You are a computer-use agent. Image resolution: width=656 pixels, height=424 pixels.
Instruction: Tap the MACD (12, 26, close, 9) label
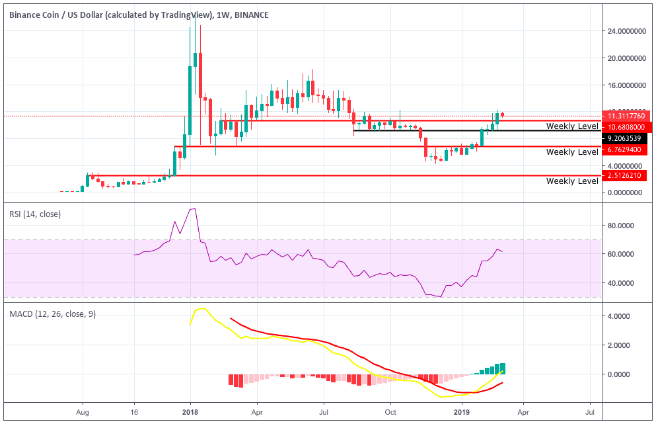[52, 314]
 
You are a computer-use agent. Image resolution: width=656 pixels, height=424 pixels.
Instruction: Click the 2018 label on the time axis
[190, 411]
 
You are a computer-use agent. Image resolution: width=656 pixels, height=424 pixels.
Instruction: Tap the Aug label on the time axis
[83, 411]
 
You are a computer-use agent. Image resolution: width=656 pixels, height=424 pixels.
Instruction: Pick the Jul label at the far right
[590, 411]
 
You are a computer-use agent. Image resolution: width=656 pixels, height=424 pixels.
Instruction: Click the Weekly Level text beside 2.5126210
[572, 181]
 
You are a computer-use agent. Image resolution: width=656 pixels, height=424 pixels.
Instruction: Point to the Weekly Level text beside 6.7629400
[572, 152]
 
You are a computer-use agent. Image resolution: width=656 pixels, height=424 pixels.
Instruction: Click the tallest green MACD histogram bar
[503, 368]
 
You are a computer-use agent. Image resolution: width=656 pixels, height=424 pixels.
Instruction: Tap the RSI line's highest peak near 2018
[192, 209]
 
